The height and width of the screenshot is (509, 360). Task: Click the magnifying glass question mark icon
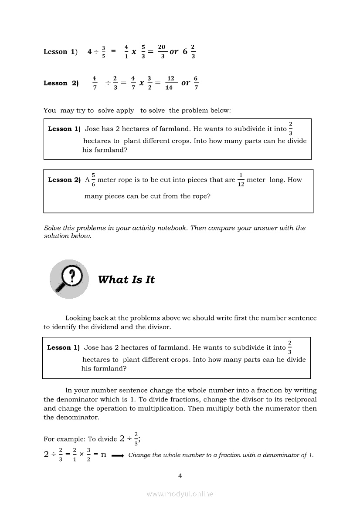tap(69, 279)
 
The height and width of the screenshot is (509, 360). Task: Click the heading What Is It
tap(126, 280)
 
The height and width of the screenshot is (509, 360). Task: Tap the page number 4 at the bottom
tap(180, 476)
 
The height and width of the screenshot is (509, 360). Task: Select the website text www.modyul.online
tap(180, 494)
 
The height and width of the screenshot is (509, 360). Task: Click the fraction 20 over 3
tap(162, 51)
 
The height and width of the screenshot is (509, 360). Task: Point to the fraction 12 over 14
tap(170, 83)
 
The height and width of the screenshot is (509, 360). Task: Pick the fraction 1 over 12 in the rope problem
tap(241, 180)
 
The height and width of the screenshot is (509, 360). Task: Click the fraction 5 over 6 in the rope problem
tap(93, 180)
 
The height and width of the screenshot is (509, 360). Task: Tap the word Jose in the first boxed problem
tap(92, 129)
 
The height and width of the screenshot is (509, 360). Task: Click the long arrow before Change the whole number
tap(118, 455)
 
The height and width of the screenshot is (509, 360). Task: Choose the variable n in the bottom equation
tap(103, 455)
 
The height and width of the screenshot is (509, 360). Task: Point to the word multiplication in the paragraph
tap(163, 408)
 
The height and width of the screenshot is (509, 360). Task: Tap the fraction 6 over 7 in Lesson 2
tap(196, 83)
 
